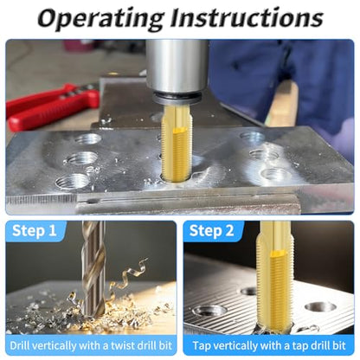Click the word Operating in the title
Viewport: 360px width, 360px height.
[100, 18]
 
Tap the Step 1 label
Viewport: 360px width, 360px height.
[35, 231]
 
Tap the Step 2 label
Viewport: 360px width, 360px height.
[211, 231]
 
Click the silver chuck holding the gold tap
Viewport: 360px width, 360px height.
[177, 67]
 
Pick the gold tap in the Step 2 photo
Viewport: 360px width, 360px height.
[275, 277]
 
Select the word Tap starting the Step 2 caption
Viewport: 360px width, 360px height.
[200, 345]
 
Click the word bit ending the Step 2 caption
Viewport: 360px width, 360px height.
[340, 345]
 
